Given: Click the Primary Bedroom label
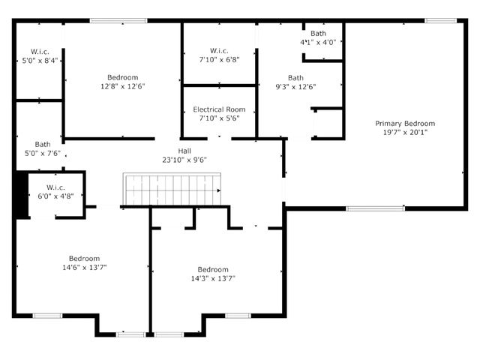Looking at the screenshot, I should (405, 124).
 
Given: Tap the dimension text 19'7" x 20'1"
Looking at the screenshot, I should (405, 132).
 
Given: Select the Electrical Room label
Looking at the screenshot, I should (219, 109).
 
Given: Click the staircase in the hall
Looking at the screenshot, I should (172, 190).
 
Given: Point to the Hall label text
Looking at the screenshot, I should (184, 151).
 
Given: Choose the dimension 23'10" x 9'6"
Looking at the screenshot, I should (184, 159).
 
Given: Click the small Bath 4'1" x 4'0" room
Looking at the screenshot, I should (319, 38).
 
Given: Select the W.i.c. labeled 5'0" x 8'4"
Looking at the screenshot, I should (39, 55).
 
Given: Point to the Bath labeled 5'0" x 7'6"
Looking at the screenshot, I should (42, 149).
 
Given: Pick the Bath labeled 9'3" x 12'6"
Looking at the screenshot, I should (296, 82).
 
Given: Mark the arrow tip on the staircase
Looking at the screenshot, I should (219, 190).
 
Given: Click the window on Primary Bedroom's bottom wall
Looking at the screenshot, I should (375, 208).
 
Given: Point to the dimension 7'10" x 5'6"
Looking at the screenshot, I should (219, 118).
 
